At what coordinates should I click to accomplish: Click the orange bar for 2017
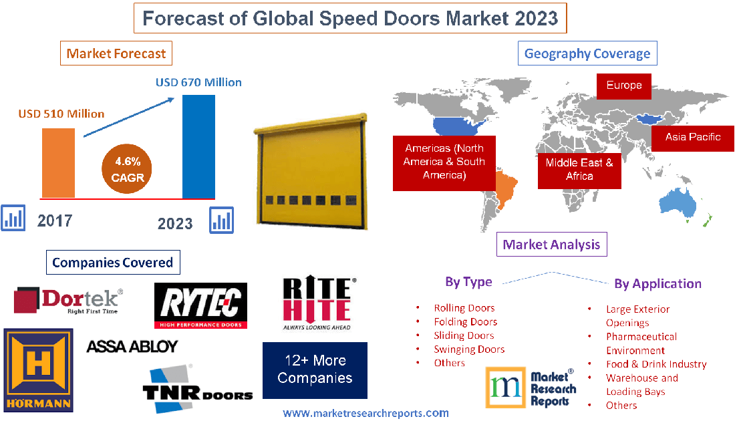coord(59,162)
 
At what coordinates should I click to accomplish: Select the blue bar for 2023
coord(199,146)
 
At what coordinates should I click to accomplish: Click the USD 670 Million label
coord(198,83)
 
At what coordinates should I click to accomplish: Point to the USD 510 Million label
coord(61,114)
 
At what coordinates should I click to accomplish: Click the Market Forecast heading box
coord(116,53)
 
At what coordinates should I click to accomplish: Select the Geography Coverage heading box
coord(587,53)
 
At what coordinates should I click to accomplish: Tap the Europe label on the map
coord(624,86)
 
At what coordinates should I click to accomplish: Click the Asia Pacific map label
coord(693,137)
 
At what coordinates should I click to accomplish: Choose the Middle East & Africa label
coord(579,169)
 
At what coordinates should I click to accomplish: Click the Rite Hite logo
coord(317,303)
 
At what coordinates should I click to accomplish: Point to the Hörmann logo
coord(38,370)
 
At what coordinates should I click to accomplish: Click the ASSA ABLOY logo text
coord(132,346)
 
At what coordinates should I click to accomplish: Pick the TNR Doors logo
coord(197,386)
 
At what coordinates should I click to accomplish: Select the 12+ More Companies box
coord(315,370)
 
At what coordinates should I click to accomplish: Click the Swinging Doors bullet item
coord(469,349)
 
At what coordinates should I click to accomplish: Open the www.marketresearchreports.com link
coord(365,414)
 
